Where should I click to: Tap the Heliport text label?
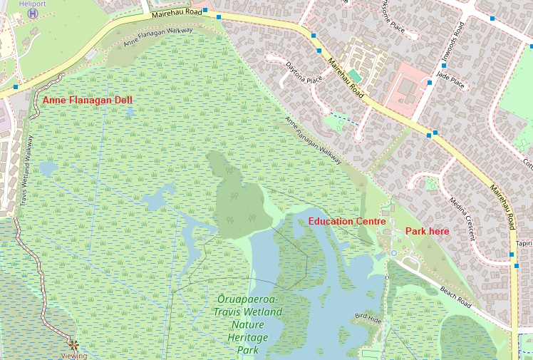[x=31, y=4]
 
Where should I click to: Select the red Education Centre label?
[x=347, y=222]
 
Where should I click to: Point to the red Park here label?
[x=427, y=231]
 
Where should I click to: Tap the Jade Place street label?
[x=450, y=79]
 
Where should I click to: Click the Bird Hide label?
[x=368, y=317]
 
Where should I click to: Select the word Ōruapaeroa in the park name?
[x=247, y=299]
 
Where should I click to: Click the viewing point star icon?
[x=73, y=344]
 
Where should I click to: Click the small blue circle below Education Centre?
[x=393, y=253]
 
